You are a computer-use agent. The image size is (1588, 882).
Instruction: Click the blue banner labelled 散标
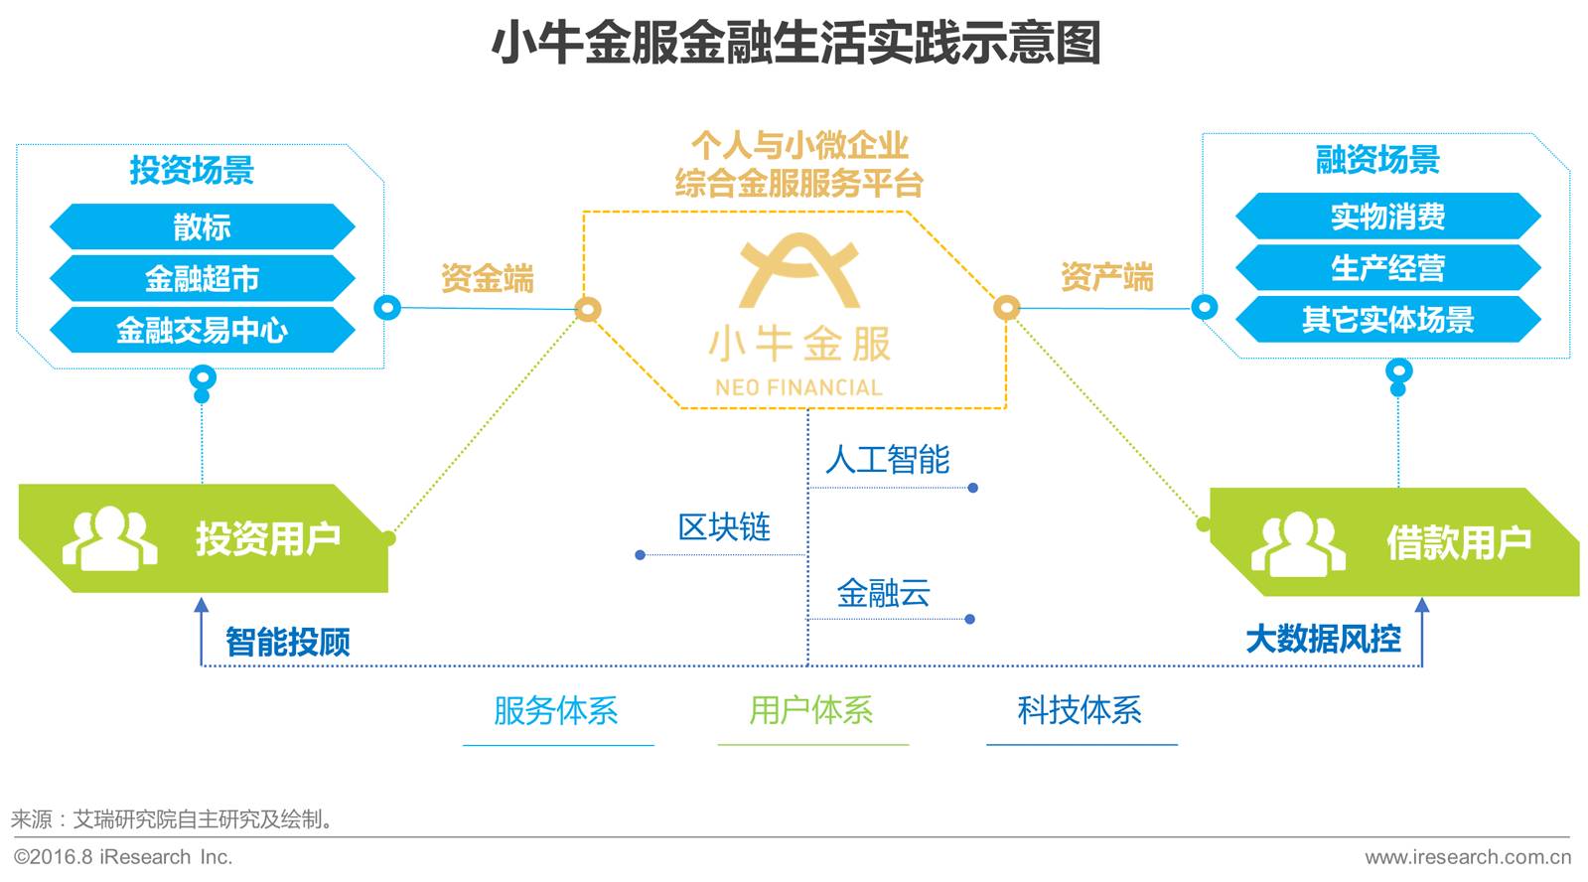[x=203, y=226]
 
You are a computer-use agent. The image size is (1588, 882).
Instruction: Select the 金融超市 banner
[x=203, y=279]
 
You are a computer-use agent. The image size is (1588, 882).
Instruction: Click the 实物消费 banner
[x=1388, y=217]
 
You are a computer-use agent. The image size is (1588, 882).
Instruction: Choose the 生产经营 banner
[x=1388, y=268]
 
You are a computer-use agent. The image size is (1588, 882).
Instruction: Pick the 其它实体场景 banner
[x=1388, y=320]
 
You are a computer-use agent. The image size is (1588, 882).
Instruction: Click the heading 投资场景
[x=192, y=170]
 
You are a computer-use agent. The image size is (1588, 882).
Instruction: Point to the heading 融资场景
[x=1377, y=160]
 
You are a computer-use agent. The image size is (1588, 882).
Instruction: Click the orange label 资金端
[x=488, y=278]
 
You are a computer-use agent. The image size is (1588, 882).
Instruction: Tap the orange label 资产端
[x=1107, y=276]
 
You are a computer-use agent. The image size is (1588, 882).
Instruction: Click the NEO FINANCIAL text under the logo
[x=798, y=387]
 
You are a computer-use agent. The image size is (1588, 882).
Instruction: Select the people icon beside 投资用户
[x=110, y=538]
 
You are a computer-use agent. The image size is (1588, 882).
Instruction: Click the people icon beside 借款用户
[x=1298, y=543]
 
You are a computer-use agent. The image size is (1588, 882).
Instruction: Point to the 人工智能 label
[x=888, y=460]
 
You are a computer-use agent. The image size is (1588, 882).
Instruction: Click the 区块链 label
[x=724, y=526]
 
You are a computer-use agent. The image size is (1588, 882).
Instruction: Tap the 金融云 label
[x=883, y=593]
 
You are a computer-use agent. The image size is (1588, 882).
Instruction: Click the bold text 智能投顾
[x=288, y=642]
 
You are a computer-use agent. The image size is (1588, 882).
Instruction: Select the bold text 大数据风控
[x=1324, y=639]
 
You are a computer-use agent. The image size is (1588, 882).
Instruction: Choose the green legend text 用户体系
[x=811, y=710]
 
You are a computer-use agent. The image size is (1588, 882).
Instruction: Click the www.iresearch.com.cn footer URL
[x=1468, y=857]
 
